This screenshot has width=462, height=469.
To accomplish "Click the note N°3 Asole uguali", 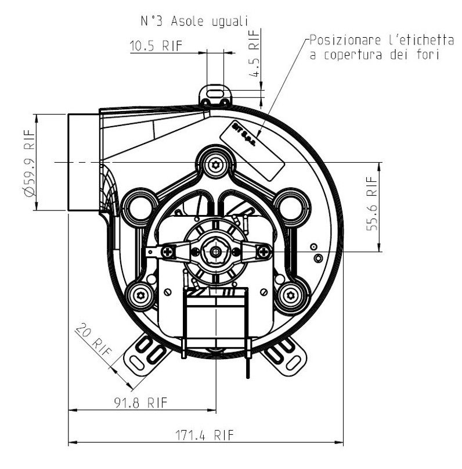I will tap(194, 21).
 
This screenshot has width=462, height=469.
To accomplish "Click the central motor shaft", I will tap(216, 252).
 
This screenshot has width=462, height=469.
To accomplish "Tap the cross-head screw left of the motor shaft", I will tap(169, 252).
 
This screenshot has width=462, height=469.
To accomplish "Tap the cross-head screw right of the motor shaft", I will tap(265, 252).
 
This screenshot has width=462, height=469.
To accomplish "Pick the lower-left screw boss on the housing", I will tap(142, 296).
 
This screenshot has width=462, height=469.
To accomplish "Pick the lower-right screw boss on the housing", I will tap(291, 296).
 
